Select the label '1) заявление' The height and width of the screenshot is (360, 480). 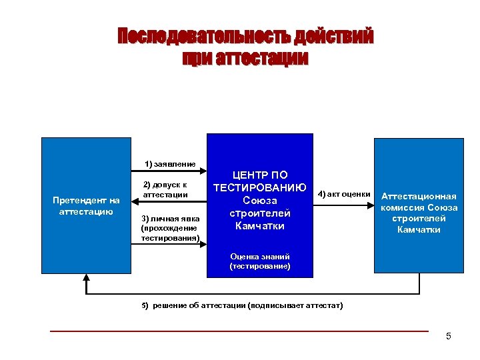(170, 164)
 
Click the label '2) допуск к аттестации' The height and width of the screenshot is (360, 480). (165, 189)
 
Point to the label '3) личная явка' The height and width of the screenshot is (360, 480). (170, 219)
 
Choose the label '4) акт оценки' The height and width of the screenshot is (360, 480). (344, 194)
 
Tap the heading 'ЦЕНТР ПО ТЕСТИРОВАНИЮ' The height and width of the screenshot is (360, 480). (259, 181)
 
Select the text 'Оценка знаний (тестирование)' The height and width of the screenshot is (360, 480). (259, 261)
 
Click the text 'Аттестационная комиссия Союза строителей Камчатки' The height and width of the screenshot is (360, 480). (419, 213)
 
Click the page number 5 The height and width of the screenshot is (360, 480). (449, 336)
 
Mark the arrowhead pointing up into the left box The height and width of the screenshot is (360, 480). (87, 277)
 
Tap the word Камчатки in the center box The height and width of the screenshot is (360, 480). (259, 226)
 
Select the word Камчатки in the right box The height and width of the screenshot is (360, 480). (419, 229)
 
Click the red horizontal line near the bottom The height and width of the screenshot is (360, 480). (240, 331)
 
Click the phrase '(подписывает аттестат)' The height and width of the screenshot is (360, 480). (295, 305)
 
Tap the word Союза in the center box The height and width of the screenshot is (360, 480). (259, 200)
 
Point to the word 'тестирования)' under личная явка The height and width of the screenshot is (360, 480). (170, 237)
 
